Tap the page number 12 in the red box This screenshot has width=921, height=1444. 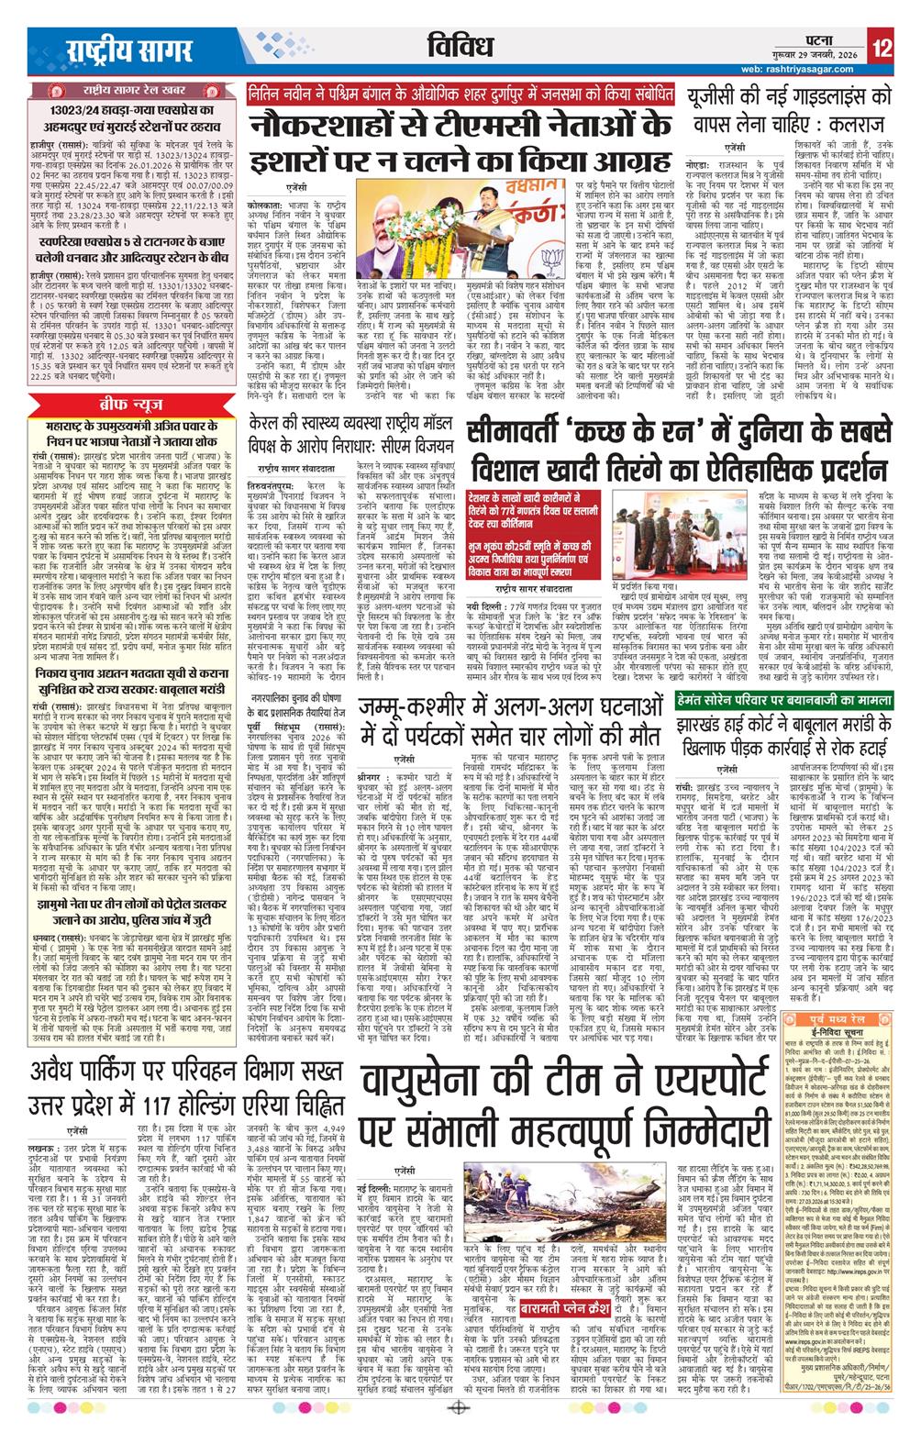(882, 48)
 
